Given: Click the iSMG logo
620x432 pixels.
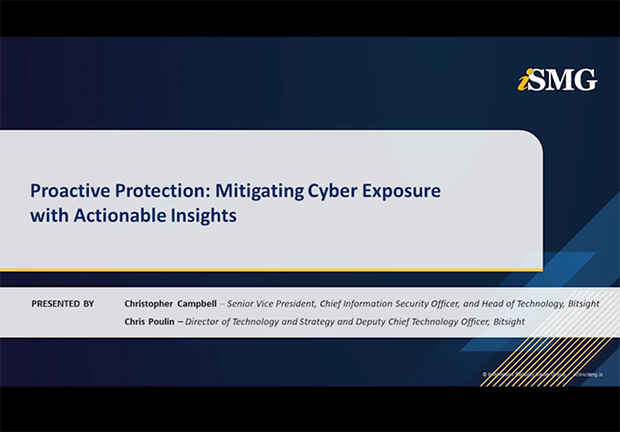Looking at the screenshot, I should click(557, 80).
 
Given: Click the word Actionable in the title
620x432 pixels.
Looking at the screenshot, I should click(114, 216).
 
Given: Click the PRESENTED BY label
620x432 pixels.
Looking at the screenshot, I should click(62, 303).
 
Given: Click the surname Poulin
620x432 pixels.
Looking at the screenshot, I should click(165, 321).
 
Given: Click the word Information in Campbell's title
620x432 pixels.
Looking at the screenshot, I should click(393, 303).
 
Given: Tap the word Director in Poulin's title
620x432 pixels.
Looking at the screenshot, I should click(205, 321).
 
